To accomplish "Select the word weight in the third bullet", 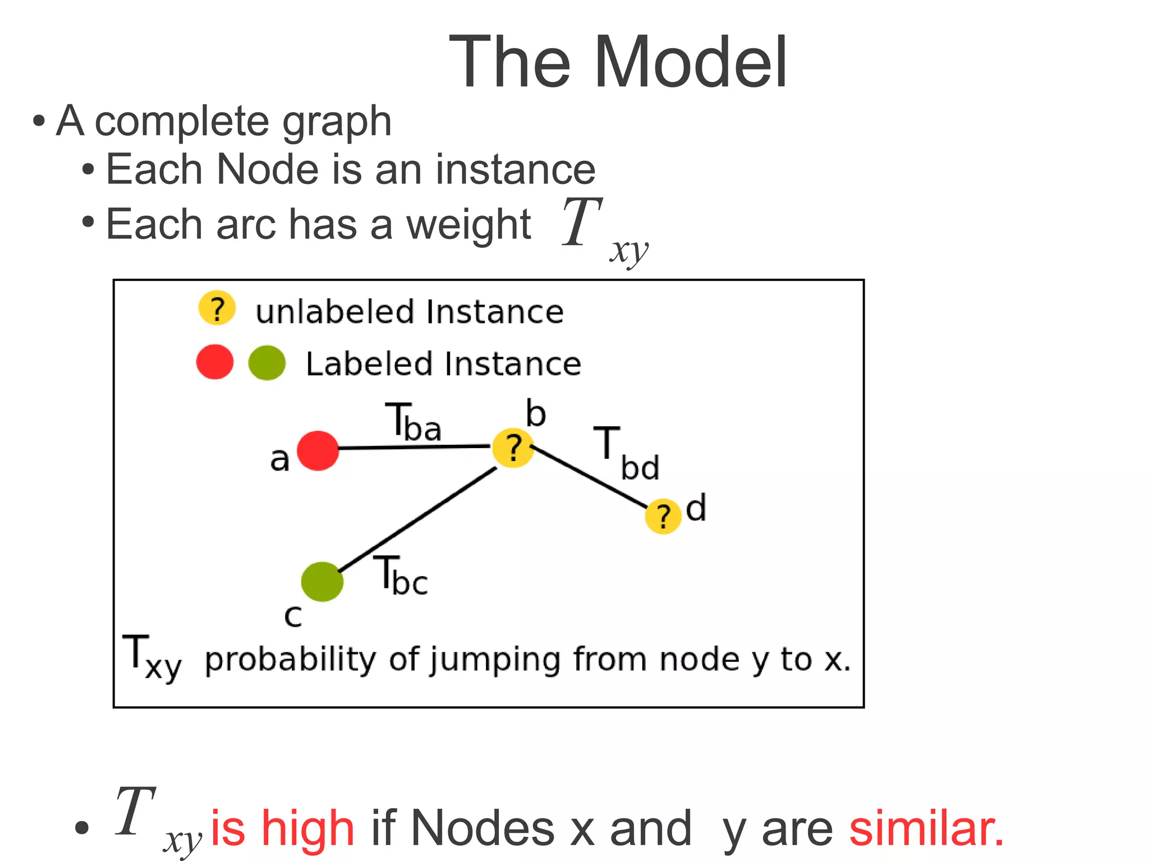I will coord(468,225).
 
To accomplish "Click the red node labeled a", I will coord(318,450).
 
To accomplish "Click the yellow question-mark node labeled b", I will coord(513,448).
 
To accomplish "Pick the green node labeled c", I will coord(322,582).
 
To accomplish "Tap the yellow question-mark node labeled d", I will coord(663,516).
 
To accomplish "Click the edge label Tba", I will coord(413,422).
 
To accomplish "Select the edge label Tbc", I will coord(401,575).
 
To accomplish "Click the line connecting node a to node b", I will coord(415,447).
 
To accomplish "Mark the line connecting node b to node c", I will coord(418,519).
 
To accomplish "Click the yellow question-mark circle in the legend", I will coord(217,308).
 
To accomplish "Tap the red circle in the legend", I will coord(215,362).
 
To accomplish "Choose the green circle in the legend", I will coord(267,363).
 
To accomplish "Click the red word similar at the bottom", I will coord(926,828).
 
